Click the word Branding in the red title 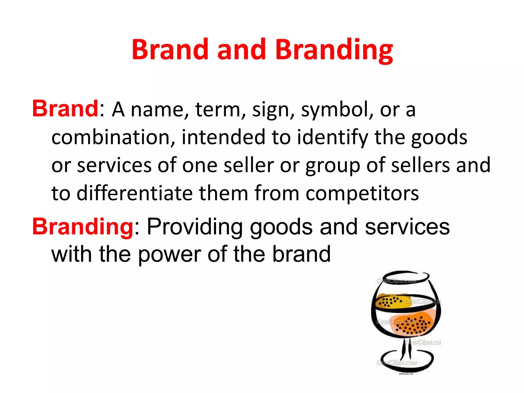pyautogui.click(x=334, y=50)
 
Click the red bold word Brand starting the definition pyautogui.click(x=65, y=109)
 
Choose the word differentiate pyautogui.click(x=135, y=193)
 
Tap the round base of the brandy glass pyautogui.click(x=407, y=365)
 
